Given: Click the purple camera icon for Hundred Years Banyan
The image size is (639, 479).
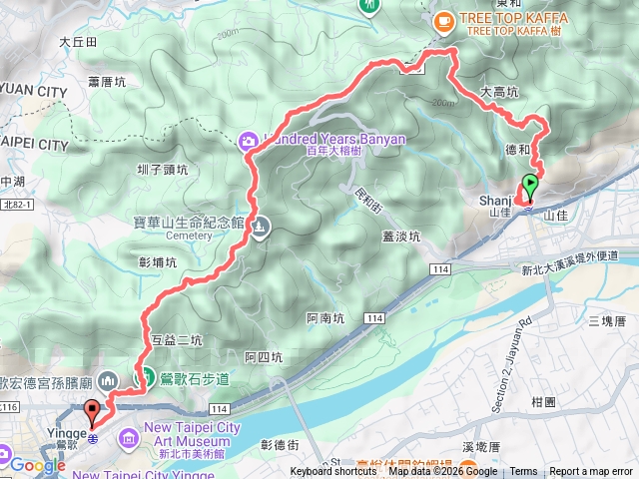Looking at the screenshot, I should [247, 139].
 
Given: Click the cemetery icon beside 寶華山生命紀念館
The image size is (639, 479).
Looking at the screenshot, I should [259, 227].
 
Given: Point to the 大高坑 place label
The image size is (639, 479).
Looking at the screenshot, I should [499, 92].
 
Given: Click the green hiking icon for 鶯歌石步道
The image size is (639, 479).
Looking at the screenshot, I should [145, 378].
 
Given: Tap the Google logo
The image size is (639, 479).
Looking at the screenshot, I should [37, 465].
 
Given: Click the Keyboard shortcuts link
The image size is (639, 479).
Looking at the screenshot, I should [333, 472].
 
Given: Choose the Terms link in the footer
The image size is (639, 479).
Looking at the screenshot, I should [523, 472].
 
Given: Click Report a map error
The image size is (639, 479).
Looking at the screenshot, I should [592, 472].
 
